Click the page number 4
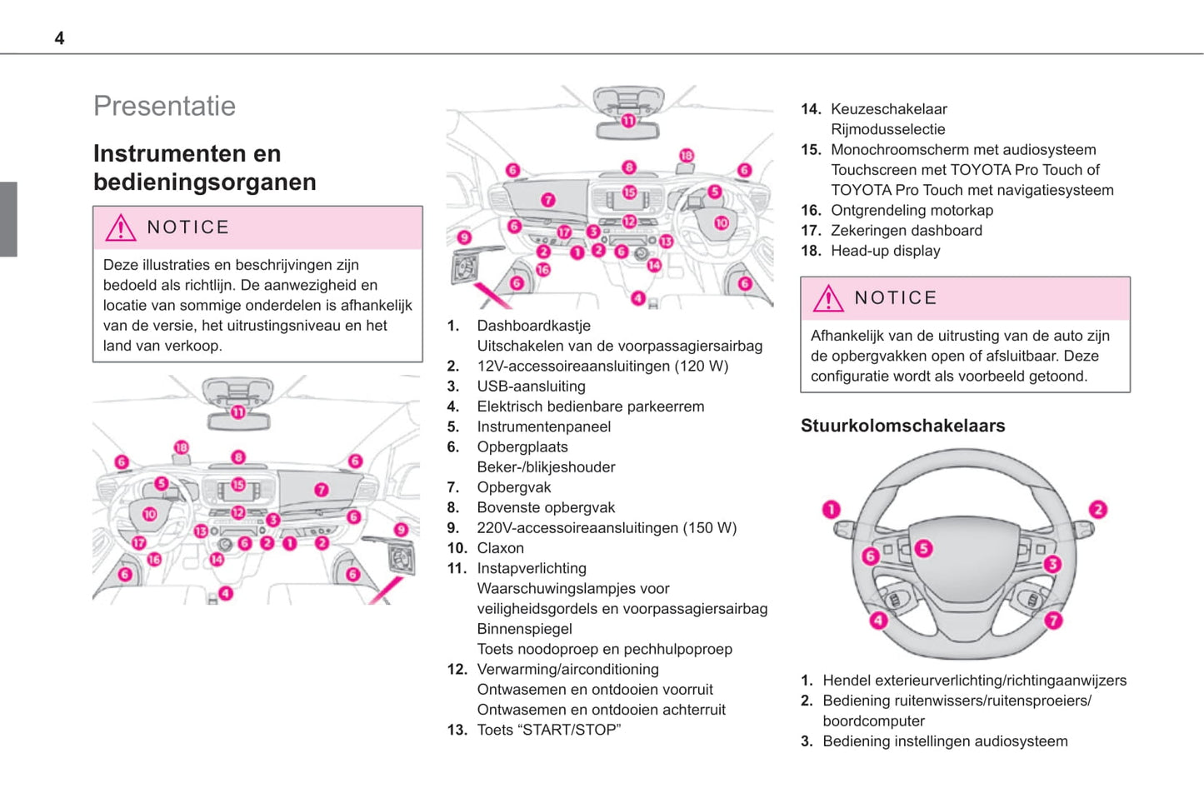coord(59,38)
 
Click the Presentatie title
coord(164,107)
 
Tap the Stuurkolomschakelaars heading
coord(902,426)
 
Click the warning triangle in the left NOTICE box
coord(121,227)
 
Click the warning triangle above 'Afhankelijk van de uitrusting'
coord(828,298)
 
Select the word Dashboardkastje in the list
coord(533,326)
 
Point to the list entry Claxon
coord(500,548)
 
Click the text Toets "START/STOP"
coord(548,731)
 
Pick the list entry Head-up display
coord(885,251)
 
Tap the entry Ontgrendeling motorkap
coord(912,211)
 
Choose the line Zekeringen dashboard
coord(906,231)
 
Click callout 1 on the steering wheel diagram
coord(832,510)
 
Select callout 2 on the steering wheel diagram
coord(1098,510)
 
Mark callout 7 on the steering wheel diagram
coord(1054,621)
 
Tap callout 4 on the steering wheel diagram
coord(878,621)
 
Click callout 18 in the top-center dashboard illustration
coord(687,156)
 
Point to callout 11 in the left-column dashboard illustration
coord(238,412)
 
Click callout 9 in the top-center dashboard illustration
coord(465,237)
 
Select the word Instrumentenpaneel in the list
coord(543,427)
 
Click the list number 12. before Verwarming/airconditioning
coord(457,670)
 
